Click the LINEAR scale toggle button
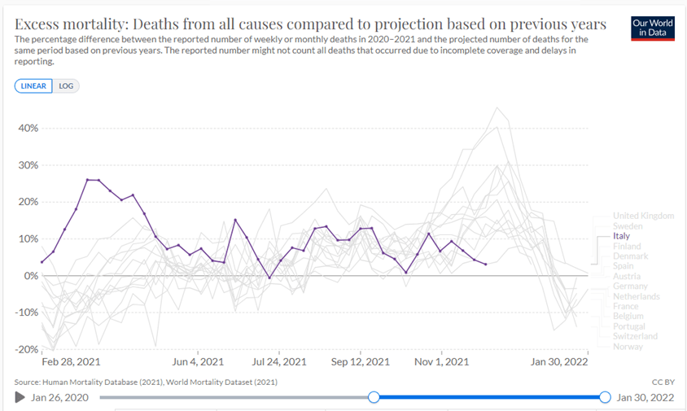click(33, 85)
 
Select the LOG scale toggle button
click(66, 85)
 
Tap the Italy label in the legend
click(620, 236)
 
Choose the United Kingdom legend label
click(642, 216)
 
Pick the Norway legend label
click(628, 347)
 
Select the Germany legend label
click(631, 286)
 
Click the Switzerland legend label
click(635, 336)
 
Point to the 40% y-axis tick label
click(28, 128)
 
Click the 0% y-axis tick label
click(31, 276)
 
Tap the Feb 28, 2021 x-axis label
click(71, 362)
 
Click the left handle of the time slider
click(374, 397)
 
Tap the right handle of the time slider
click(605, 397)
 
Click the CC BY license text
click(663, 381)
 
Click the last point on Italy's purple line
click(485, 265)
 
